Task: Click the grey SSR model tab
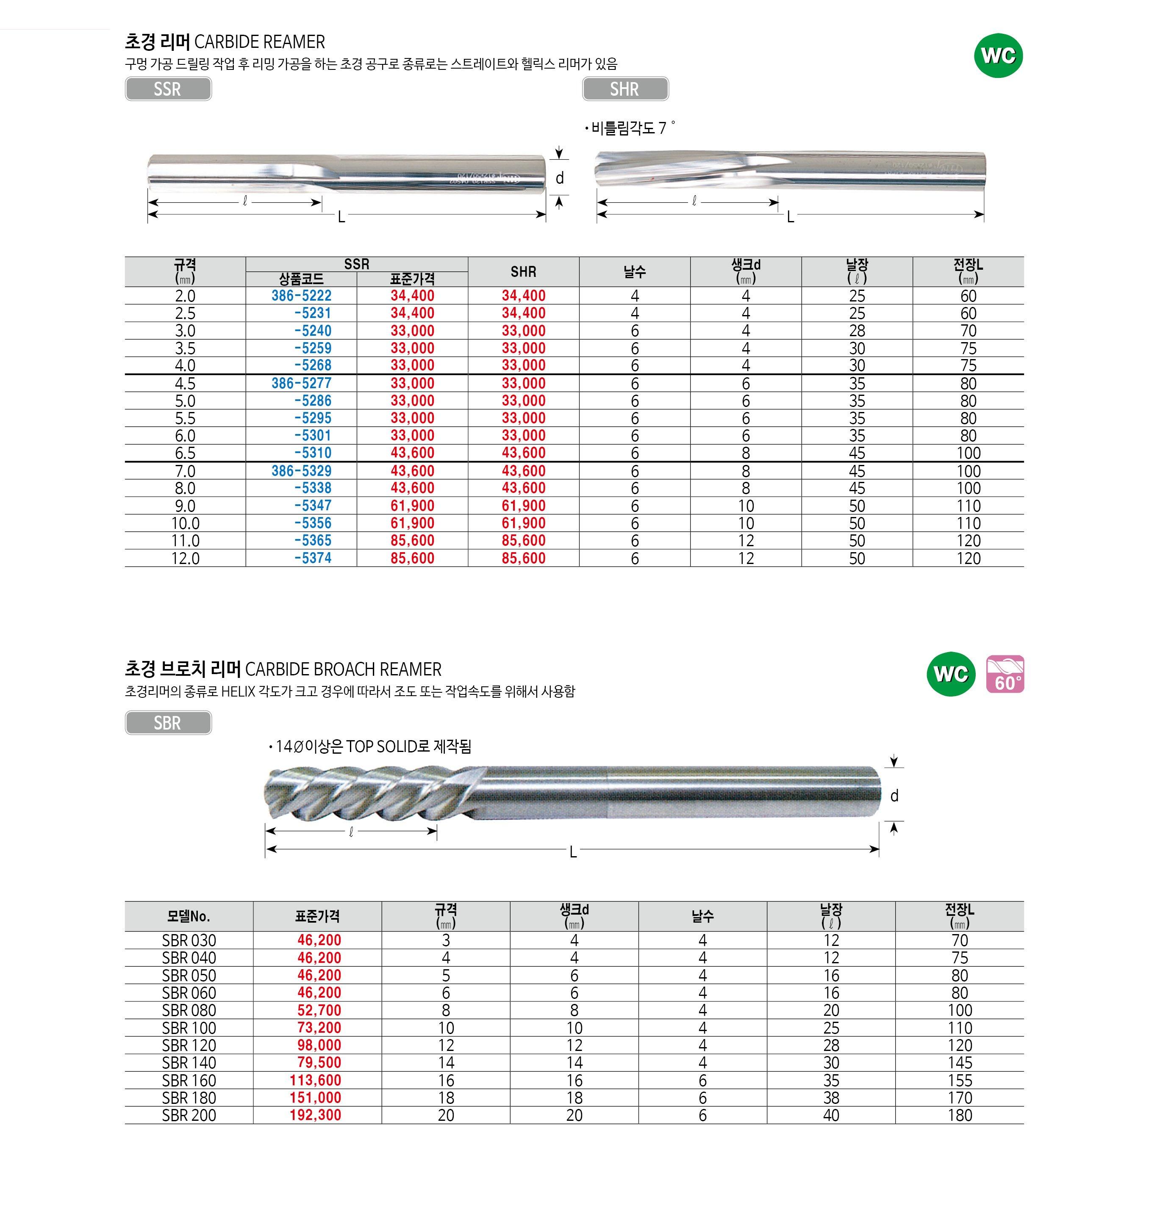[x=168, y=89]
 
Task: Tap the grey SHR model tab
[x=625, y=89]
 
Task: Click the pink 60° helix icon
[x=1005, y=674]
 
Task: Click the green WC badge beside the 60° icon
[x=951, y=674]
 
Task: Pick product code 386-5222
[x=301, y=296]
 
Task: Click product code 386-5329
[x=301, y=471]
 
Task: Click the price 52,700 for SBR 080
[x=319, y=1010]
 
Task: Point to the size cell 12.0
[x=185, y=558]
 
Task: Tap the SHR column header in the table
[x=523, y=272]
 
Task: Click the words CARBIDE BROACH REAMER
[x=343, y=669]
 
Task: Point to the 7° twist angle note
[x=631, y=128]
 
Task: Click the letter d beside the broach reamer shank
[x=894, y=796]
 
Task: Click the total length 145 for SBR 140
[x=959, y=1063]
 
